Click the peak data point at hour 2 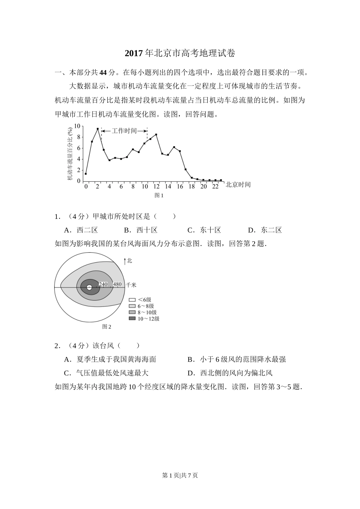98,129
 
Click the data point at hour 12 156,134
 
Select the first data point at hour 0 86,174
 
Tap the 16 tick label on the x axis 180,186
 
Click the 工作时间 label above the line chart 124,131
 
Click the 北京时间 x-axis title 238,184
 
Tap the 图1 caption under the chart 159,195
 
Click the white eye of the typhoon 89,287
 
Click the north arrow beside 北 125,261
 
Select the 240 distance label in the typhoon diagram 103,284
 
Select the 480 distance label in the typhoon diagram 117,284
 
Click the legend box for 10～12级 132,319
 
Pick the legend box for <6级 132,300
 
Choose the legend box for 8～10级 132,312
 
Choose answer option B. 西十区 141,230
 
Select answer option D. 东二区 265,230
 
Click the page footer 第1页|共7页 180,475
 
